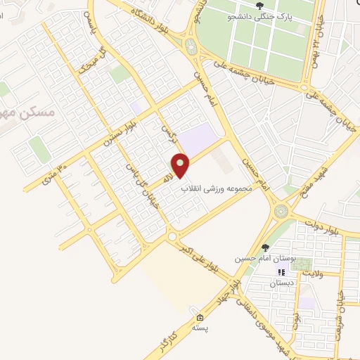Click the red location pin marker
(x=181, y=166)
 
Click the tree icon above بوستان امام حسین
(x=265, y=247)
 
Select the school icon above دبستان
(x=281, y=272)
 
